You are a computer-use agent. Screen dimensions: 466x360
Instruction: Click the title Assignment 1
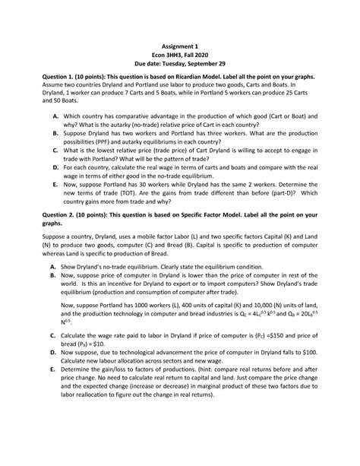[x=179, y=46]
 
